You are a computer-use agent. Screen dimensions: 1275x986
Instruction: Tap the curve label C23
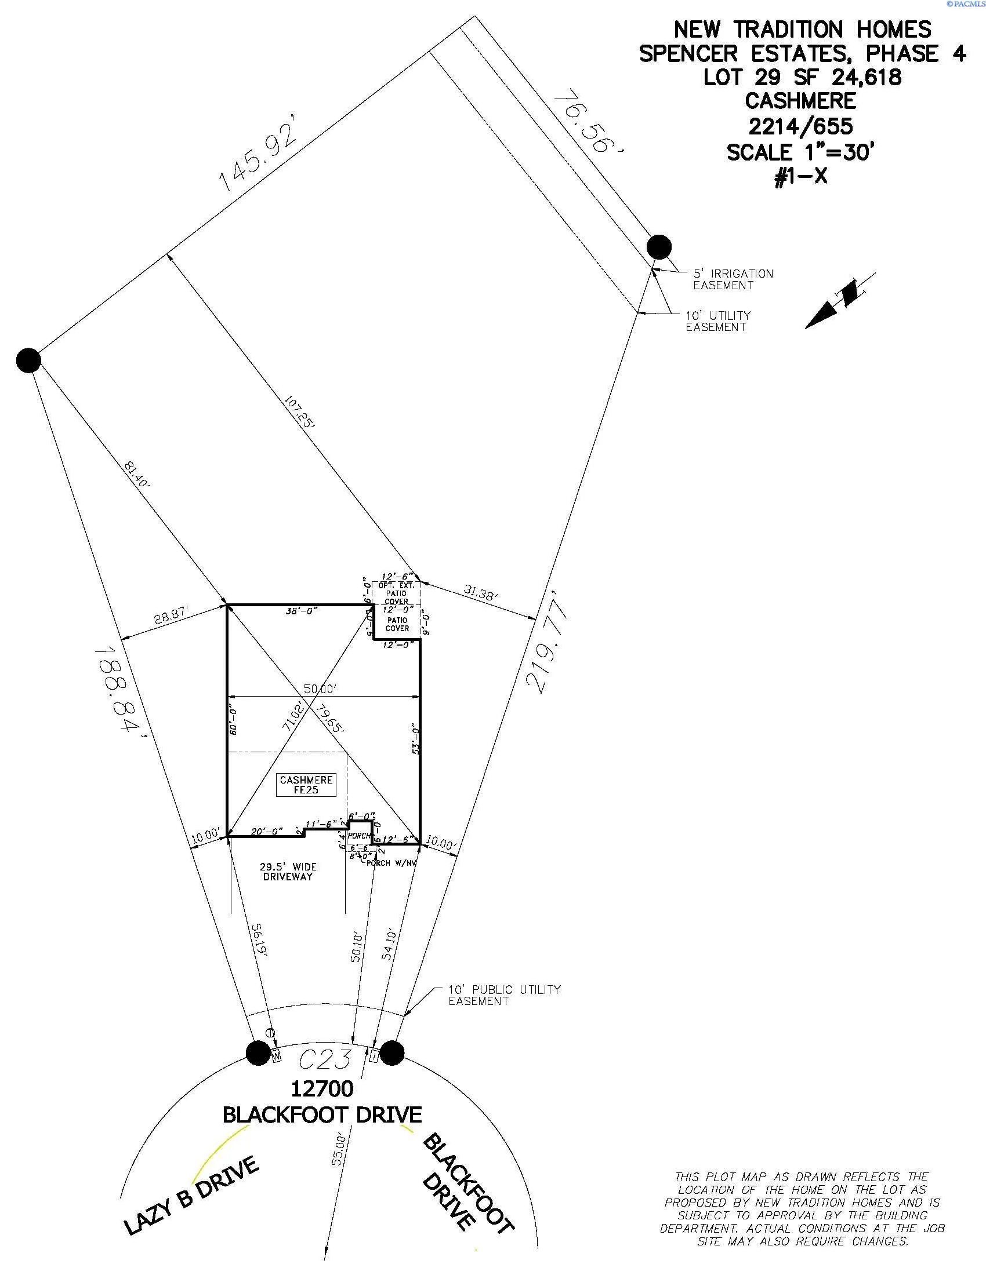point(325,1058)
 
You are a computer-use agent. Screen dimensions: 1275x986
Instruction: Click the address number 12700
point(322,1089)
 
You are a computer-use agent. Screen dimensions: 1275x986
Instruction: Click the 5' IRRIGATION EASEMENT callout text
point(733,279)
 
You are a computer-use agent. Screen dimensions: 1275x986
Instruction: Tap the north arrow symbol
point(839,301)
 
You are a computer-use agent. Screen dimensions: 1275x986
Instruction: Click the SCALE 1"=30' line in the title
point(801,152)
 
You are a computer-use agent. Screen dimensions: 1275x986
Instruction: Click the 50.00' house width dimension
point(320,689)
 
